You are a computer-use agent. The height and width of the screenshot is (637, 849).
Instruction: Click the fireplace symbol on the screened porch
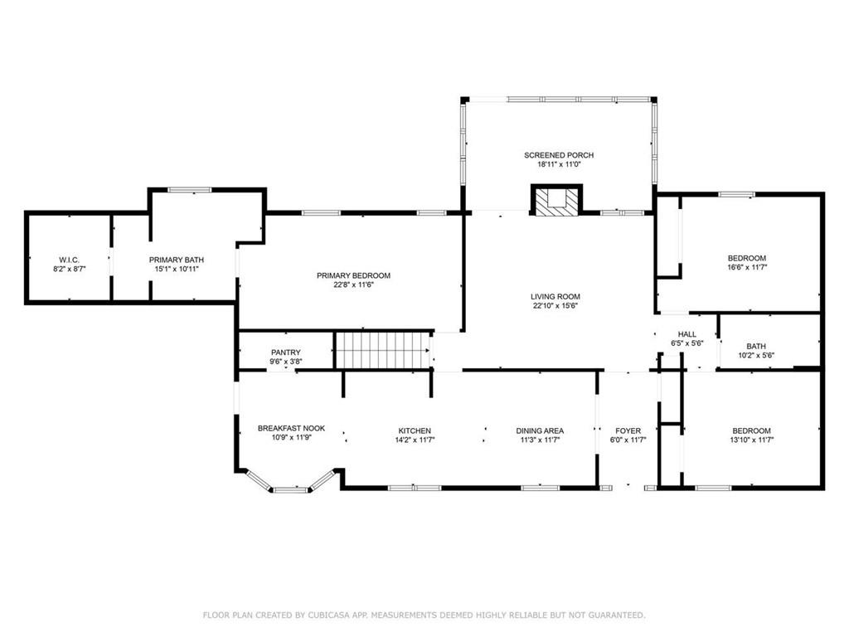click(556, 199)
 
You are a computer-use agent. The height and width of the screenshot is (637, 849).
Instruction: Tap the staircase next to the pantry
click(384, 351)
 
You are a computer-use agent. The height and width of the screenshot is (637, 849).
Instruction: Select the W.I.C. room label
click(68, 260)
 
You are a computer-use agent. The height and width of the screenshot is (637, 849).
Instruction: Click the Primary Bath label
click(176, 260)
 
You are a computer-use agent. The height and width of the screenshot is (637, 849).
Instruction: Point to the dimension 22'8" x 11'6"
click(353, 285)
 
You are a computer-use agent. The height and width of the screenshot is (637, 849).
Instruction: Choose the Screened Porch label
click(559, 155)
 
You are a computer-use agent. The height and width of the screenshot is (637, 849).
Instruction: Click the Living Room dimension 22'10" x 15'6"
click(555, 306)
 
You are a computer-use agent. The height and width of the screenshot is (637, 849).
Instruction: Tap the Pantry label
click(285, 353)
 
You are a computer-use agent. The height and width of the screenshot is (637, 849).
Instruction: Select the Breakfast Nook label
click(291, 429)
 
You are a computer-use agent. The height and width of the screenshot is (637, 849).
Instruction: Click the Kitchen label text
click(415, 430)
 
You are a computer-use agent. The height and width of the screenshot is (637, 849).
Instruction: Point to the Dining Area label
click(540, 430)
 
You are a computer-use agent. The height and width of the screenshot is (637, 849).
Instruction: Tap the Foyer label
click(628, 430)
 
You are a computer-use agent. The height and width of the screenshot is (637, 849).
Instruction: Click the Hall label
click(686, 333)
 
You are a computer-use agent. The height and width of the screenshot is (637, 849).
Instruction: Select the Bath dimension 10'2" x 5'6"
click(755, 357)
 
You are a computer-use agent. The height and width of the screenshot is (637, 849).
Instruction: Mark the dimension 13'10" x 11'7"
click(751, 440)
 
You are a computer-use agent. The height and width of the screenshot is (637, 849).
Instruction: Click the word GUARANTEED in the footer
click(615, 615)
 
